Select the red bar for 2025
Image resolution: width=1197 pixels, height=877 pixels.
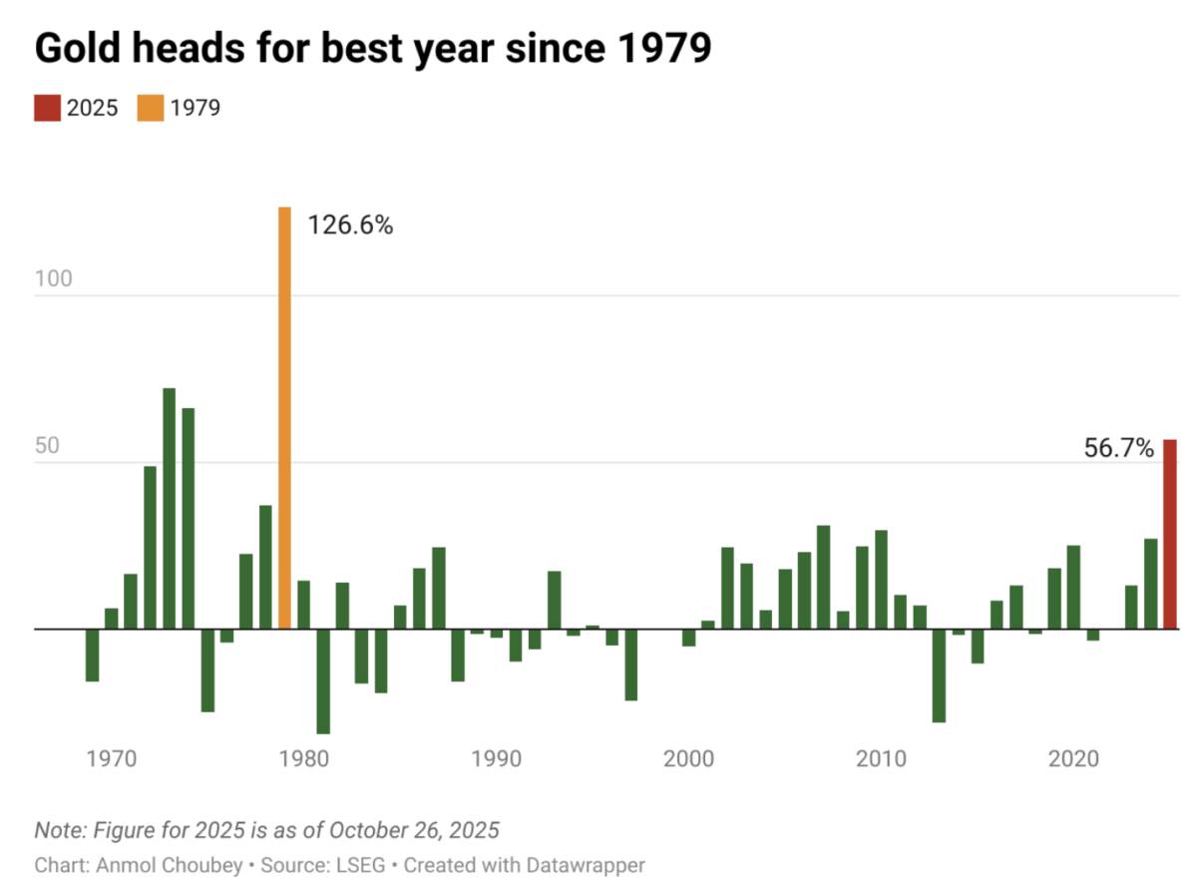(x=1170, y=534)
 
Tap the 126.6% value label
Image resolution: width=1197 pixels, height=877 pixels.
(x=349, y=225)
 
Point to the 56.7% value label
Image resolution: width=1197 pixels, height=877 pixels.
(x=1118, y=448)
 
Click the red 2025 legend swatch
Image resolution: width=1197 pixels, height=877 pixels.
(x=47, y=108)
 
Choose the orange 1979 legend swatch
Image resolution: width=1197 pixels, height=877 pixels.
(x=151, y=108)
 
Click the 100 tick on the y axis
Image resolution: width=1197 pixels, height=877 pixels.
(x=54, y=278)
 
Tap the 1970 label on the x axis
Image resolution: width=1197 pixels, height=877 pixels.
(x=112, y=758)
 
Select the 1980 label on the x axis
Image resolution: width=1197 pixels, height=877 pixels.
(x=304, y=758)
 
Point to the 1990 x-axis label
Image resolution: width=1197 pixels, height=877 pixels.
(x=497, y=758)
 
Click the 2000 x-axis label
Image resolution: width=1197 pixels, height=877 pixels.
(x=689, y=758)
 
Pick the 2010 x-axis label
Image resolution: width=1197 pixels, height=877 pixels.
(x=882, y=758)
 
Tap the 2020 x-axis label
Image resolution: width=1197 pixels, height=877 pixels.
(x=1074, y=758)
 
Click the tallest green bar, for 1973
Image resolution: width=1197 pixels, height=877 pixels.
(x=169, y=508)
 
